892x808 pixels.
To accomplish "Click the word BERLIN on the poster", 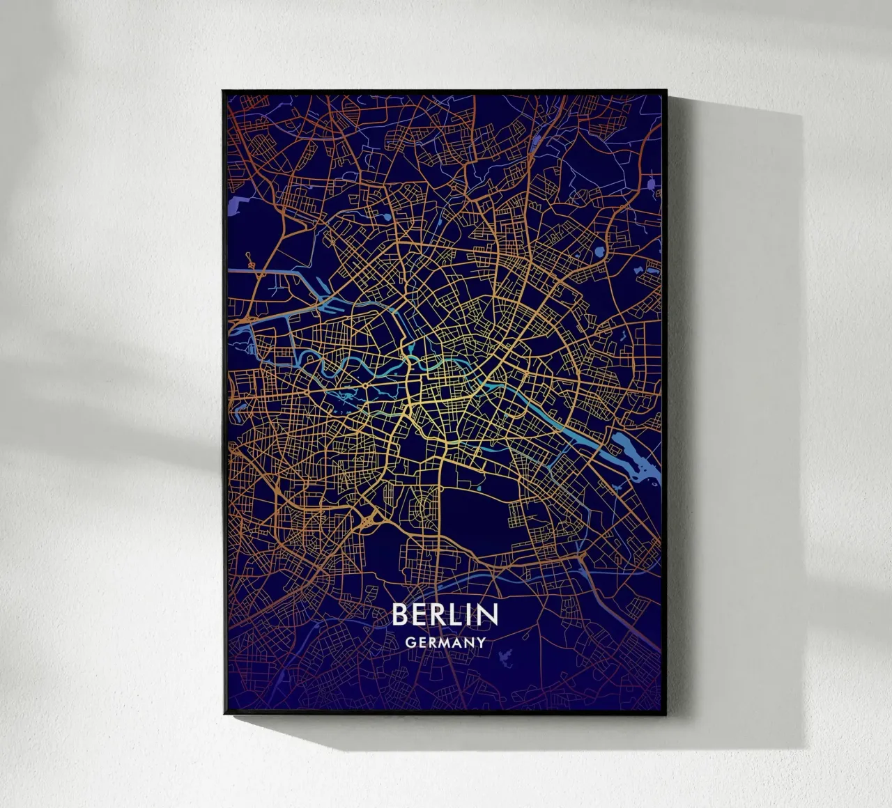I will point(445,614).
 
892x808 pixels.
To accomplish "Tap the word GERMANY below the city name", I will point(445,642).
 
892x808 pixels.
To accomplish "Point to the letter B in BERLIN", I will point(400,614).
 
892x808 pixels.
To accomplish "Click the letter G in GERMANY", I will point(410,642).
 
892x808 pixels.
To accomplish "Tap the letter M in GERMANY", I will point(446,642).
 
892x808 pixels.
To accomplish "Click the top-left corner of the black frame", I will point(223,91).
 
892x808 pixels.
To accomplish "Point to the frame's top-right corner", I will point(666,91).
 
